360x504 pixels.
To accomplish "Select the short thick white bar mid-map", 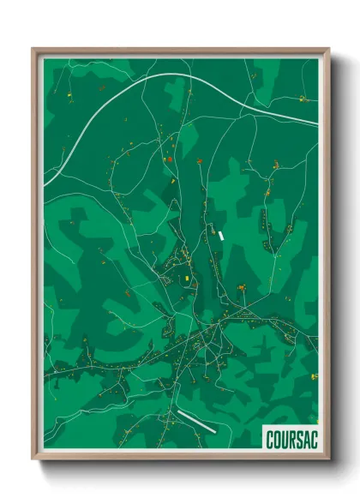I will coord(221,234).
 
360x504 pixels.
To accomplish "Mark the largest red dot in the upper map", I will coord(170,159).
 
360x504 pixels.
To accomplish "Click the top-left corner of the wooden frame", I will coord(33,49).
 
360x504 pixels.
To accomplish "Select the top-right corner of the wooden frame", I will coord(328,49).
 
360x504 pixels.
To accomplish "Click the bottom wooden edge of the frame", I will coord(180,459).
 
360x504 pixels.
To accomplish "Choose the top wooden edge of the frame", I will coord(180,50).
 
